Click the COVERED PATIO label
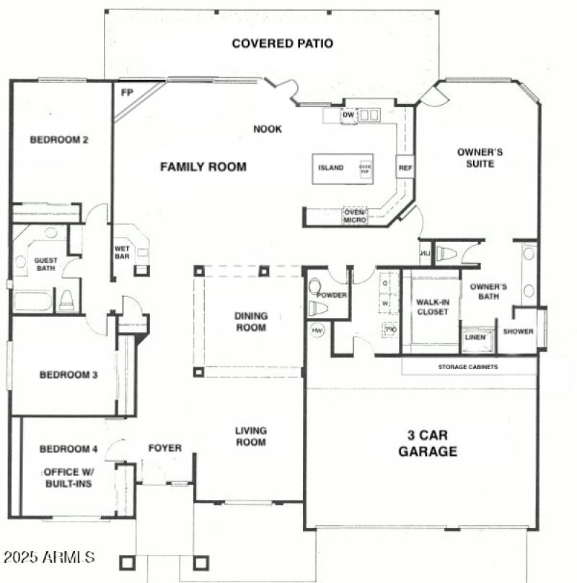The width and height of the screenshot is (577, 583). [x=282, y=43]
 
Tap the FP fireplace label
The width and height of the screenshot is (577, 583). [x=127, y=92]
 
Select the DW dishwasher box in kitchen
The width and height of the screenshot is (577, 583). [x=348, y=115]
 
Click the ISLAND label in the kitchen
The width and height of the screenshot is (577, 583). [x=330, y=168]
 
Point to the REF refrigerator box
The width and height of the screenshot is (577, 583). [x=405, y=168]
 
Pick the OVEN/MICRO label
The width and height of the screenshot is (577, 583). [x=355, y=215]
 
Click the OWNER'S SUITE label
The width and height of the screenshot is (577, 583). [x=480, y=158]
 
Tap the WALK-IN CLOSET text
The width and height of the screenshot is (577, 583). [x=433, y=307]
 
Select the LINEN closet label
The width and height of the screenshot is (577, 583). [x=475, y=337]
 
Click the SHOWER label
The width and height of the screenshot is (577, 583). [x=518, y=332]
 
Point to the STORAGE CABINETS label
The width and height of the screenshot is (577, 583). [x=467, y=367]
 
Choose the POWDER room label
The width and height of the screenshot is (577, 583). [x=332, y=295]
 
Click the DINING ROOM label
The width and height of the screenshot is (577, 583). [x=250, y=321]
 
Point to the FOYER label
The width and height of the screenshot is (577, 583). [x=164, y=448]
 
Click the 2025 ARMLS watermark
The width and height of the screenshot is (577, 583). [x=49, y=558]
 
